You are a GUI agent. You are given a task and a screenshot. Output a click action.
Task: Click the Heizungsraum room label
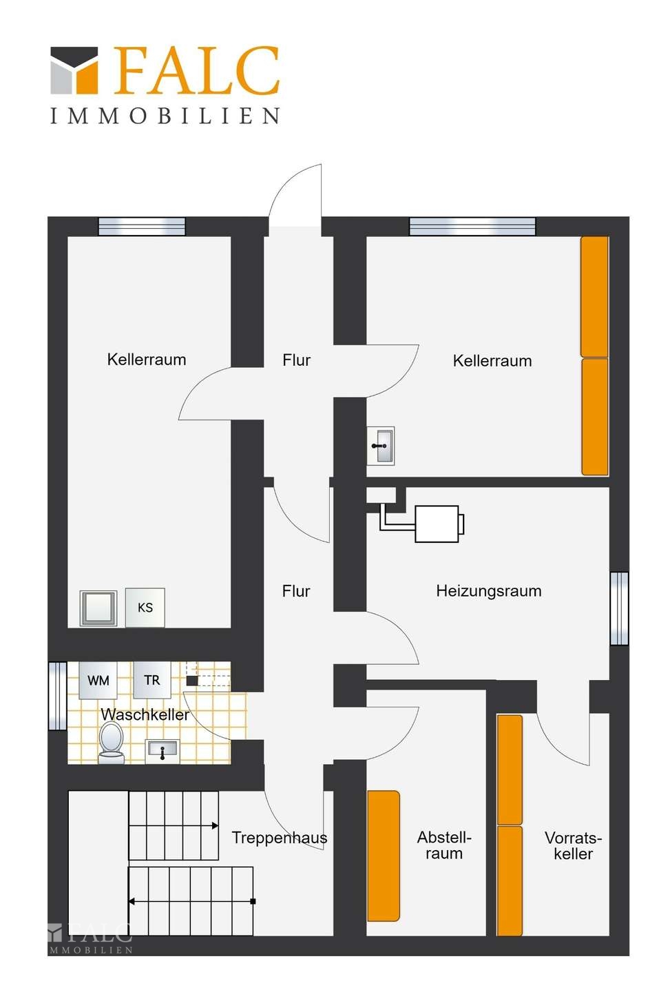tap(489, 591)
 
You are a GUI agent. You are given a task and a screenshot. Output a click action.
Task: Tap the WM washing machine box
tap(98, 680)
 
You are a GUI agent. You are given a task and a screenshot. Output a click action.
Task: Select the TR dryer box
tap(151, 680)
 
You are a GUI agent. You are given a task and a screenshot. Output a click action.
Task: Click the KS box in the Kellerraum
tap(145, 607)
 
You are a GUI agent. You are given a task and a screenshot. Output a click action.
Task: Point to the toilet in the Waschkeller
tap(111, 743)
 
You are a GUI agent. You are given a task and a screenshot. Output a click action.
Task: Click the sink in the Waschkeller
tap(163, 751)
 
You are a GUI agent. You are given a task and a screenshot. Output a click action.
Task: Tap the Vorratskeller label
tap(573, 846)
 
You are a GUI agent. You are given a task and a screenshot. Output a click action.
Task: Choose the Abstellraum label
tap(444, 845)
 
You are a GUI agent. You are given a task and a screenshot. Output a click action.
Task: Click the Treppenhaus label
tap(280, 838)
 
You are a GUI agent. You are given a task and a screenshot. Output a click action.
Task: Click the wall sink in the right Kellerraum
tap(381, 446)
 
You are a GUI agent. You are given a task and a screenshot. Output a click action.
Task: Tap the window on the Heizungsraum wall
tap(619, 608)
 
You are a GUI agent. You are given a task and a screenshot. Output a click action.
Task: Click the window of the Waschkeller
tap(58, 696)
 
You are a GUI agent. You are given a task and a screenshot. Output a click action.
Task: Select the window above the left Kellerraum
tap(142, 226)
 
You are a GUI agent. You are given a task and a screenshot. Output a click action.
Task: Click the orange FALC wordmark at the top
tap(196, 70)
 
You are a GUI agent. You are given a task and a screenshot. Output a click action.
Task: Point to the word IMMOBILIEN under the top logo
tap(165, 116)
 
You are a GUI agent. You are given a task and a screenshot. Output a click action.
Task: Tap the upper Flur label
tap(296, 360)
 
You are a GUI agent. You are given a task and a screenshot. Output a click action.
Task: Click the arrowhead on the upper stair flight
tap(215, 825)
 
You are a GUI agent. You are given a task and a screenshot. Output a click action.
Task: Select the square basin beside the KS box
tap(98, 608)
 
